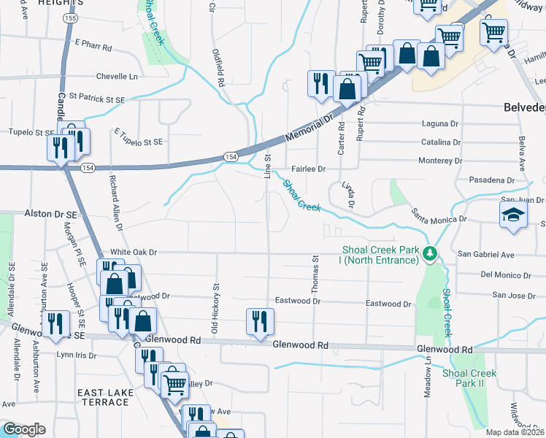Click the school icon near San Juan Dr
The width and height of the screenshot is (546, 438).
click(x=513, y=215)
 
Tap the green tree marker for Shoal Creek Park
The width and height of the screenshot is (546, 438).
click(x=431, y=253)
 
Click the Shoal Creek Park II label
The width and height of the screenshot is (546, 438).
click(x=469, y=378)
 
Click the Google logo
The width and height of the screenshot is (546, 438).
click(x=24, y=429)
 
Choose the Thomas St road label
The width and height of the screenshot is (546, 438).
click(x=316, y=274)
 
